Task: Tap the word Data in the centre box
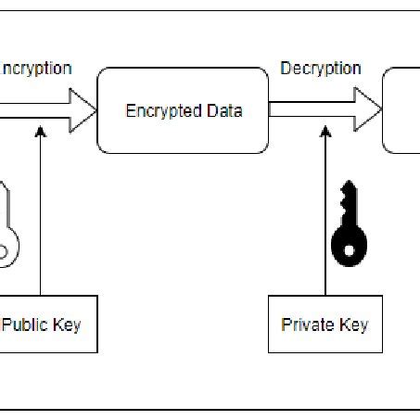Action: click(x=223, y=111)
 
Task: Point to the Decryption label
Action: click(x=320, y=69)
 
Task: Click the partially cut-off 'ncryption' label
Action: click(x=37, y=69)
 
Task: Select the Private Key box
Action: click(x=324, y=325)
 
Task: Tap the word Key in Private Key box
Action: click(x=354, y=325)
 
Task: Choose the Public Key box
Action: click(x=46, y=325)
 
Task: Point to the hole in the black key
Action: click(x=350, y=248)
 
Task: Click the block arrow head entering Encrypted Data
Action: click(x=84, y=110)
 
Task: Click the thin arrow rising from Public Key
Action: click(x=40, y=213)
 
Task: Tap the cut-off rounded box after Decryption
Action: click(x=402, y=110)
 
